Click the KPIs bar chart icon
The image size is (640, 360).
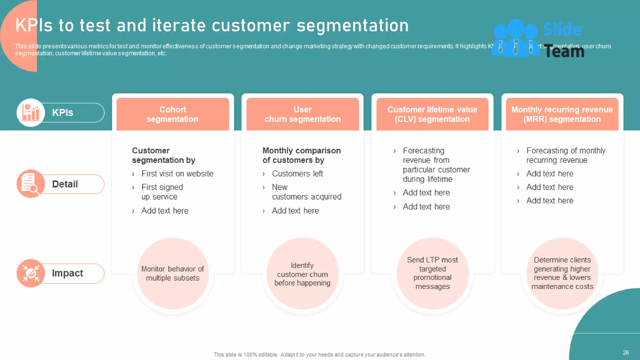31,112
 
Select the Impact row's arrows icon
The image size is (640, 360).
31,273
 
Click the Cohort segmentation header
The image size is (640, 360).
172,114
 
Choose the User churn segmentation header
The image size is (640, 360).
302,114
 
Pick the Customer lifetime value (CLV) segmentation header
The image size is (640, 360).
432,114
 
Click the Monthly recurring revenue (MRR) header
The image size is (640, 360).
562,114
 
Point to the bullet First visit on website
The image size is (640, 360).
177,174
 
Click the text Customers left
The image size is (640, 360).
297,174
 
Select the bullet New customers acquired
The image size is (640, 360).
306,192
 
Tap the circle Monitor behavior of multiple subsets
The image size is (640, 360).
172,273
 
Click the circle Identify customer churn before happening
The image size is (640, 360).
302,274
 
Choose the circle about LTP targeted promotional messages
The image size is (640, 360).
432,273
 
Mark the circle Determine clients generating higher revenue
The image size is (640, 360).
562,273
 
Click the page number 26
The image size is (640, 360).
626,352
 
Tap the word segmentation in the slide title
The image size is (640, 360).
352,26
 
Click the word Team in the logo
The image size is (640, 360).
564,52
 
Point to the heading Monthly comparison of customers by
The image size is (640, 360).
301,155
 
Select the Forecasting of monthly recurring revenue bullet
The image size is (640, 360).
566,155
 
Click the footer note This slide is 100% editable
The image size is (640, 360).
319,355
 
